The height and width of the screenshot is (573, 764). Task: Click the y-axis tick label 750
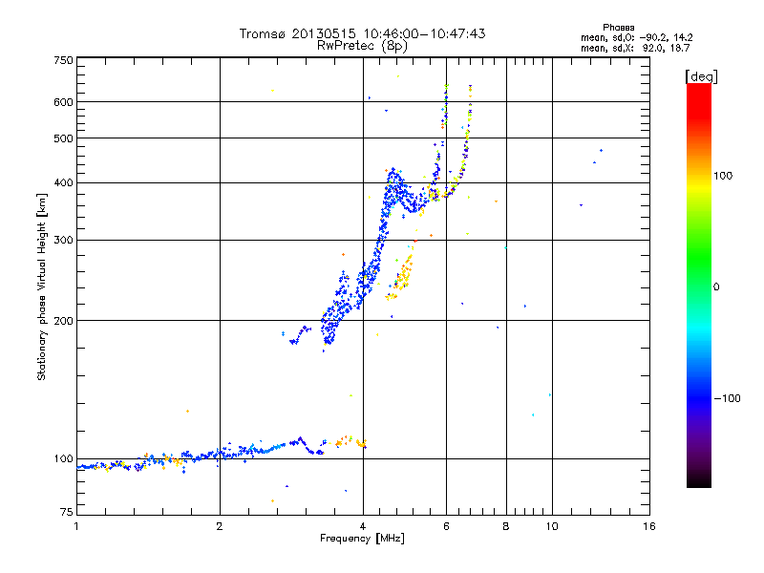point(64,60)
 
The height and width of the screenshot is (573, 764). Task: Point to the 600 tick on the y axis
point(64,101)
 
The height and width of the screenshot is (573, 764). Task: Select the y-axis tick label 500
point(64,138)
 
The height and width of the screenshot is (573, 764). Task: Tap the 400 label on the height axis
point(64,182)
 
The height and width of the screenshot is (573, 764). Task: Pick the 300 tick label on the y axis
point(64,240)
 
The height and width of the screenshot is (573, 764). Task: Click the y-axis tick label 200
point(64,321)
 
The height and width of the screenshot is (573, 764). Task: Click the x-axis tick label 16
point(648,526)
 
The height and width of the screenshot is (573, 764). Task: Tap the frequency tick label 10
point(551,526)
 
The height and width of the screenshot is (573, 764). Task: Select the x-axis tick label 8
point(506,526)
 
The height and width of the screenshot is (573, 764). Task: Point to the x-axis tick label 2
point(220,526)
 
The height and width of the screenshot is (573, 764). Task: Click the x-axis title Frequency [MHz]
point(362,539)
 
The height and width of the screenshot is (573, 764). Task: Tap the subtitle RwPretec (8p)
point(362,45)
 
